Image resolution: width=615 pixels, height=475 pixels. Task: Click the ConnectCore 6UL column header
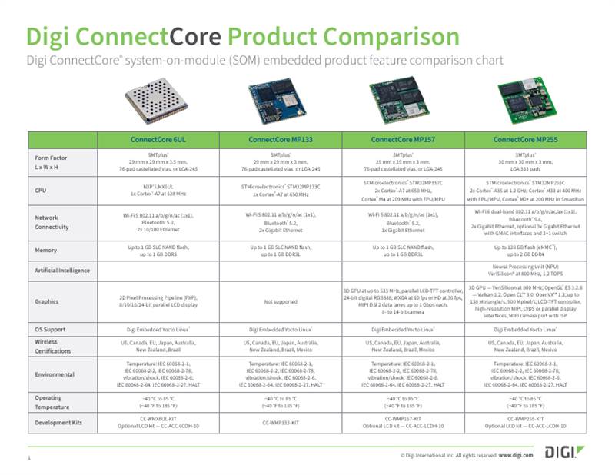point(158,140)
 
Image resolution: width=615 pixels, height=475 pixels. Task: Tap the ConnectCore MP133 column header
point(280,140)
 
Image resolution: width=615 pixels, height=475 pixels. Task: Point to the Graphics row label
point(48,302)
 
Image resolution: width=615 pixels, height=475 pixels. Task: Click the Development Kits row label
point(58,423)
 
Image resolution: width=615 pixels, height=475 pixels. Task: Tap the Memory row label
point(46,250)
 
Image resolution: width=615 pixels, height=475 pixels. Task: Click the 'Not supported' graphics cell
point(280,302)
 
